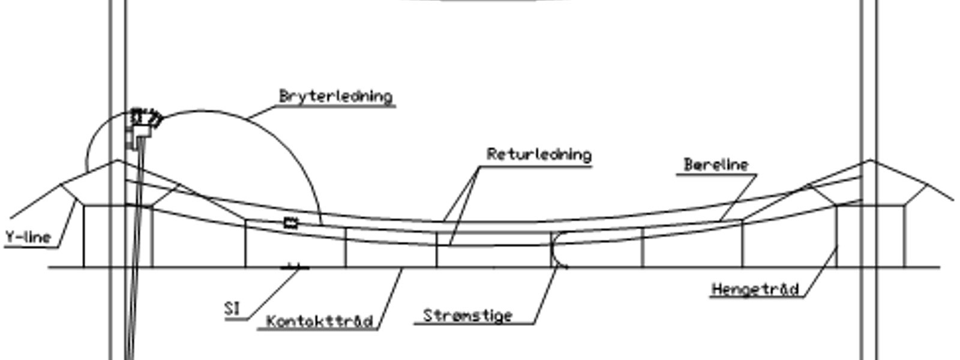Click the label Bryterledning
pos(336,96)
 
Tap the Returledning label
pos(539,154)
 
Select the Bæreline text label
pos(716,164)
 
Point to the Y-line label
pos(28,237)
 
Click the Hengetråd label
pos(755,289)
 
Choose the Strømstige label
pos(467,316)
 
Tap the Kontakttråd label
pos(320,322)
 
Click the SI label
pos(232,308)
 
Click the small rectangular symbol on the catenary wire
pos(291,223)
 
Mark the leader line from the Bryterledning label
pos(262,112)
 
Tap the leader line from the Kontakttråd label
pos(389,299)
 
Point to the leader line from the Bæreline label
pos(738,198)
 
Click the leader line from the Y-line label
pos(67,224)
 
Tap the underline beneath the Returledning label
pos(536,167)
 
